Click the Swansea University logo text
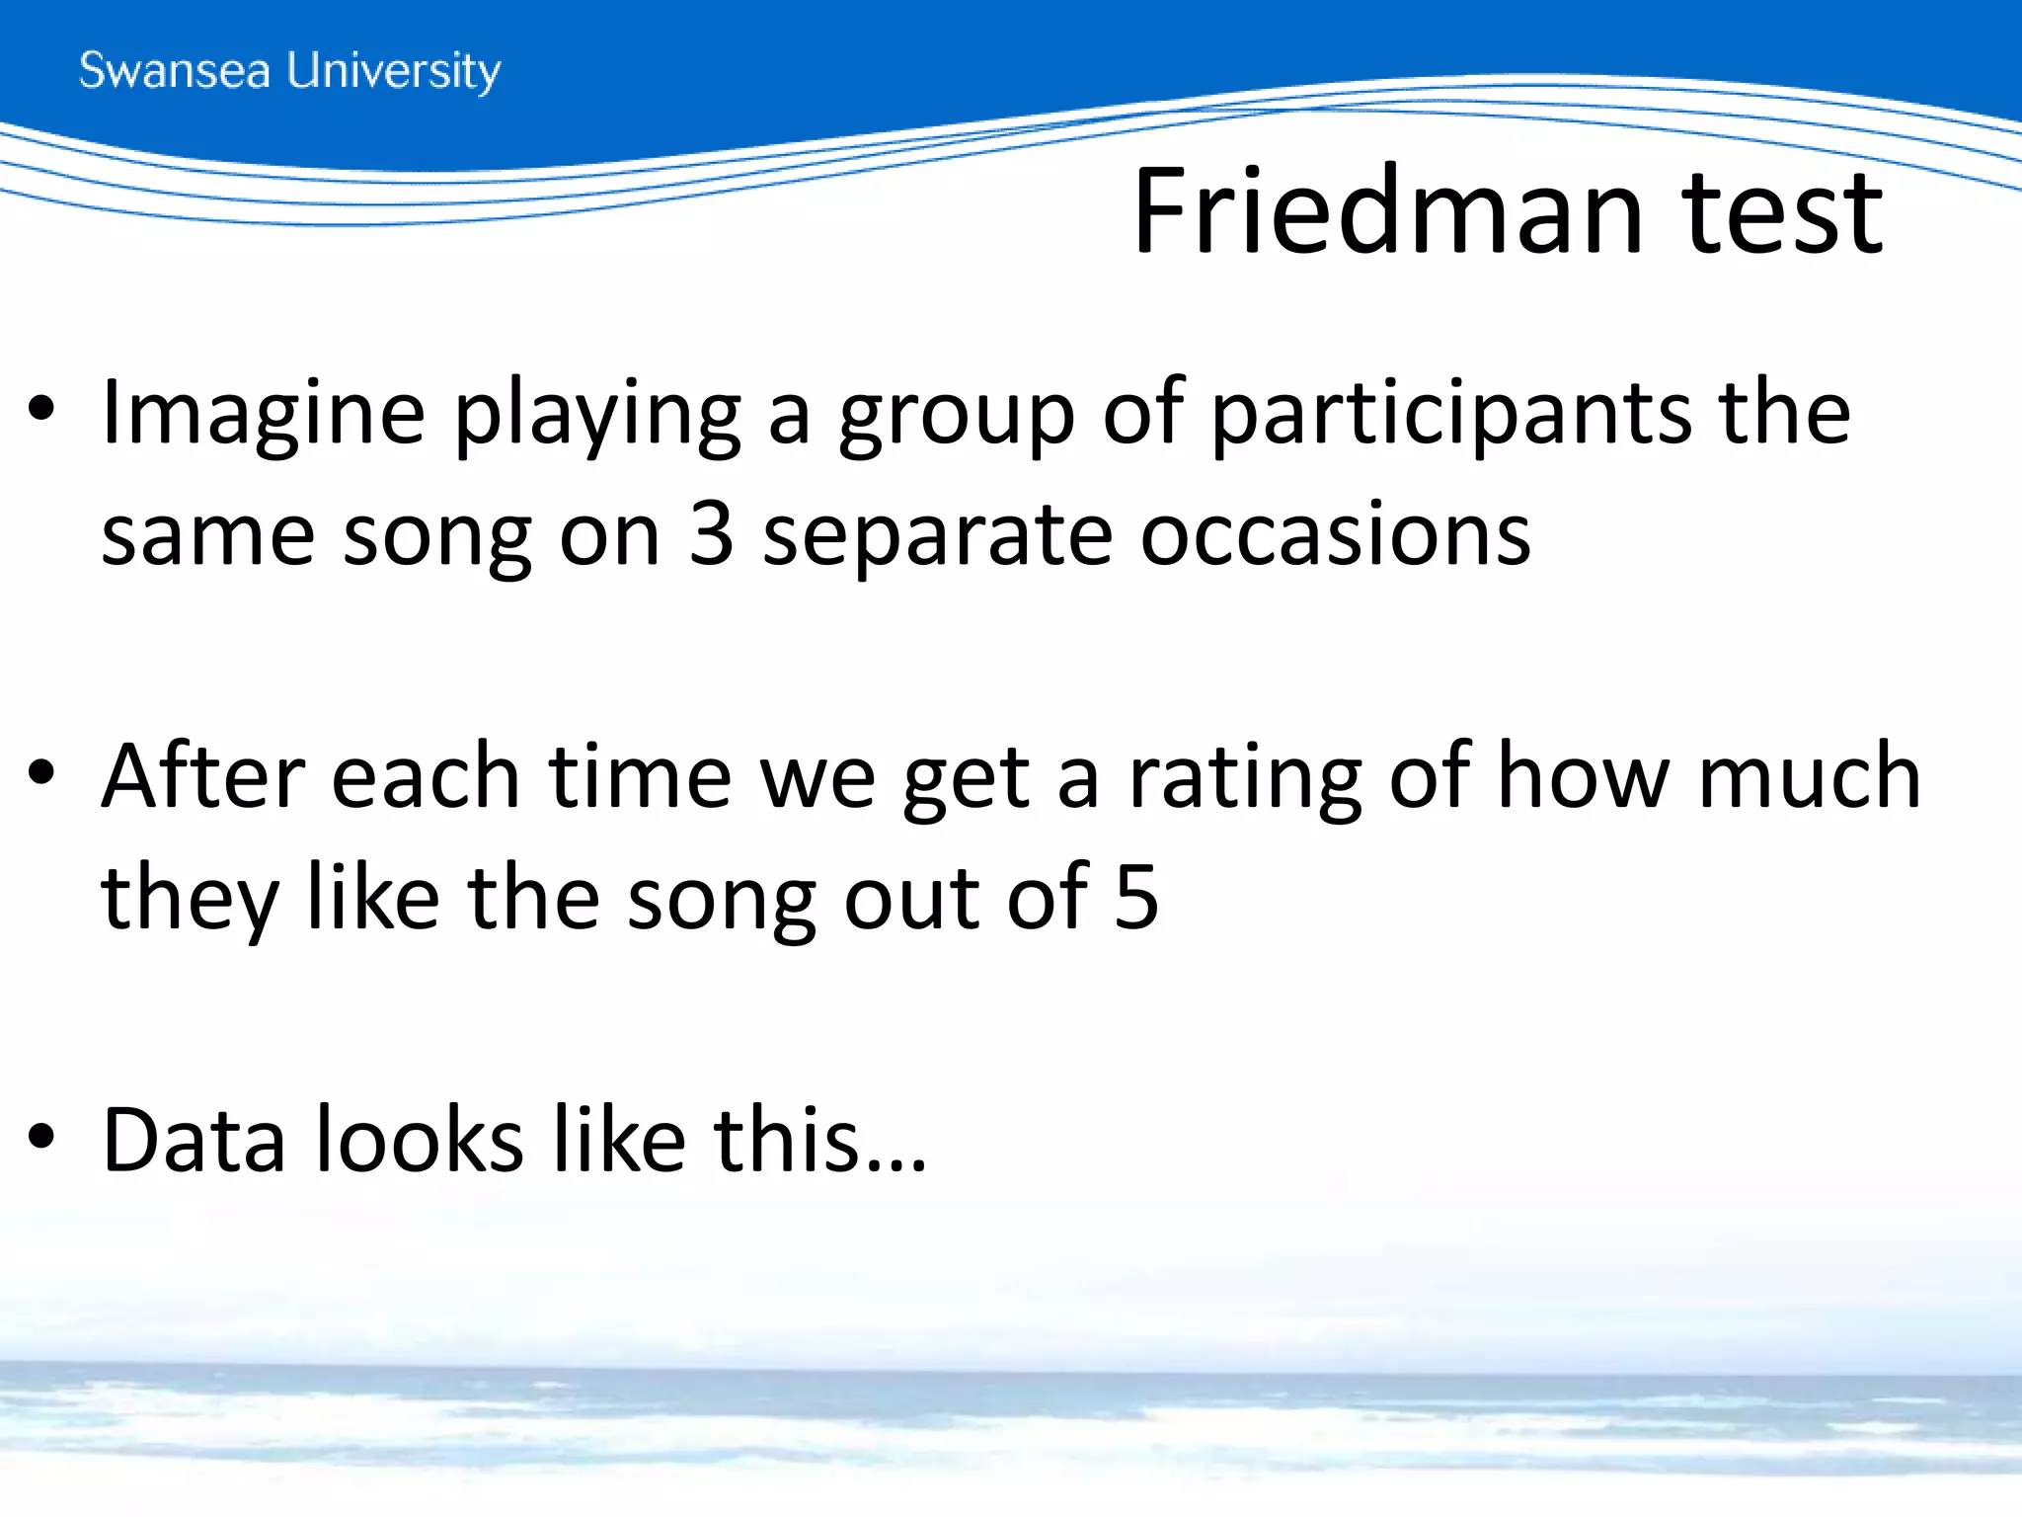pyautogui.click(x=289, y=71)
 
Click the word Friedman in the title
pyautogui.click(x=1388, y=211)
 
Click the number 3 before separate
pyautogui.click(x=711, y=534)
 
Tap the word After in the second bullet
pyautogui.click(x=202, y=776)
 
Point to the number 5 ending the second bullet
pyautogui.click(x=1135, y=897)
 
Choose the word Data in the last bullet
pyautogui.click(x=194, y=1140)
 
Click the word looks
pyautogui.click(x=420, y=1140)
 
